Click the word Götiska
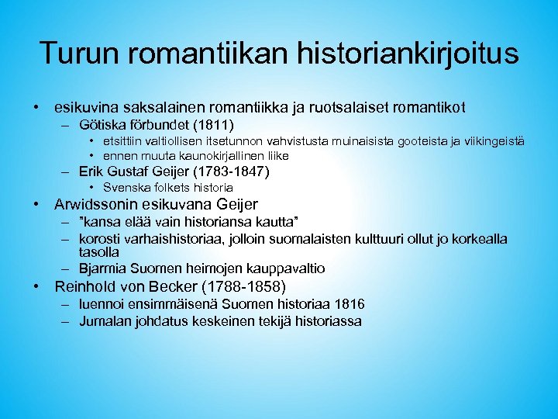(105, 124)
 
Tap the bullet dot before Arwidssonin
(36, 206)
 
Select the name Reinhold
(89, 287)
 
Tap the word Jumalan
(105, 321)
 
